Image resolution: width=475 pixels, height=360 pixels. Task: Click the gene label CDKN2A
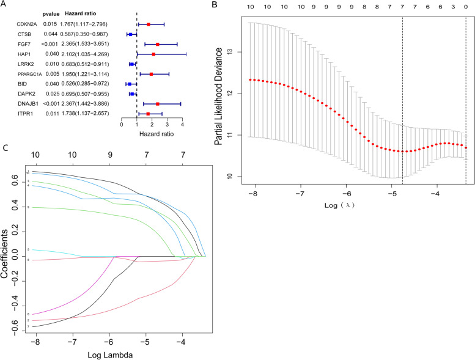coord(28,24)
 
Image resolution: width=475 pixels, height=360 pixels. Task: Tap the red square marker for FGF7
coord(158,45)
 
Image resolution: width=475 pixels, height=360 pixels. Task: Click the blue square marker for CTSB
coord(130,35)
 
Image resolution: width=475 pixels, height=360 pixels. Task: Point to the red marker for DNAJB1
coord(158,104)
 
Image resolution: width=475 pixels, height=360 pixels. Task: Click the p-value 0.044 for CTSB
coord(50,34)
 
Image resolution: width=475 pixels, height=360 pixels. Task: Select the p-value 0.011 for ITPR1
coord(50,114)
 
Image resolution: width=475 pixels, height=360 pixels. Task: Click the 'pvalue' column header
coord(51,13)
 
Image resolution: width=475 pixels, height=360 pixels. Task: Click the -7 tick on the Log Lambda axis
coord(72,343)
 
